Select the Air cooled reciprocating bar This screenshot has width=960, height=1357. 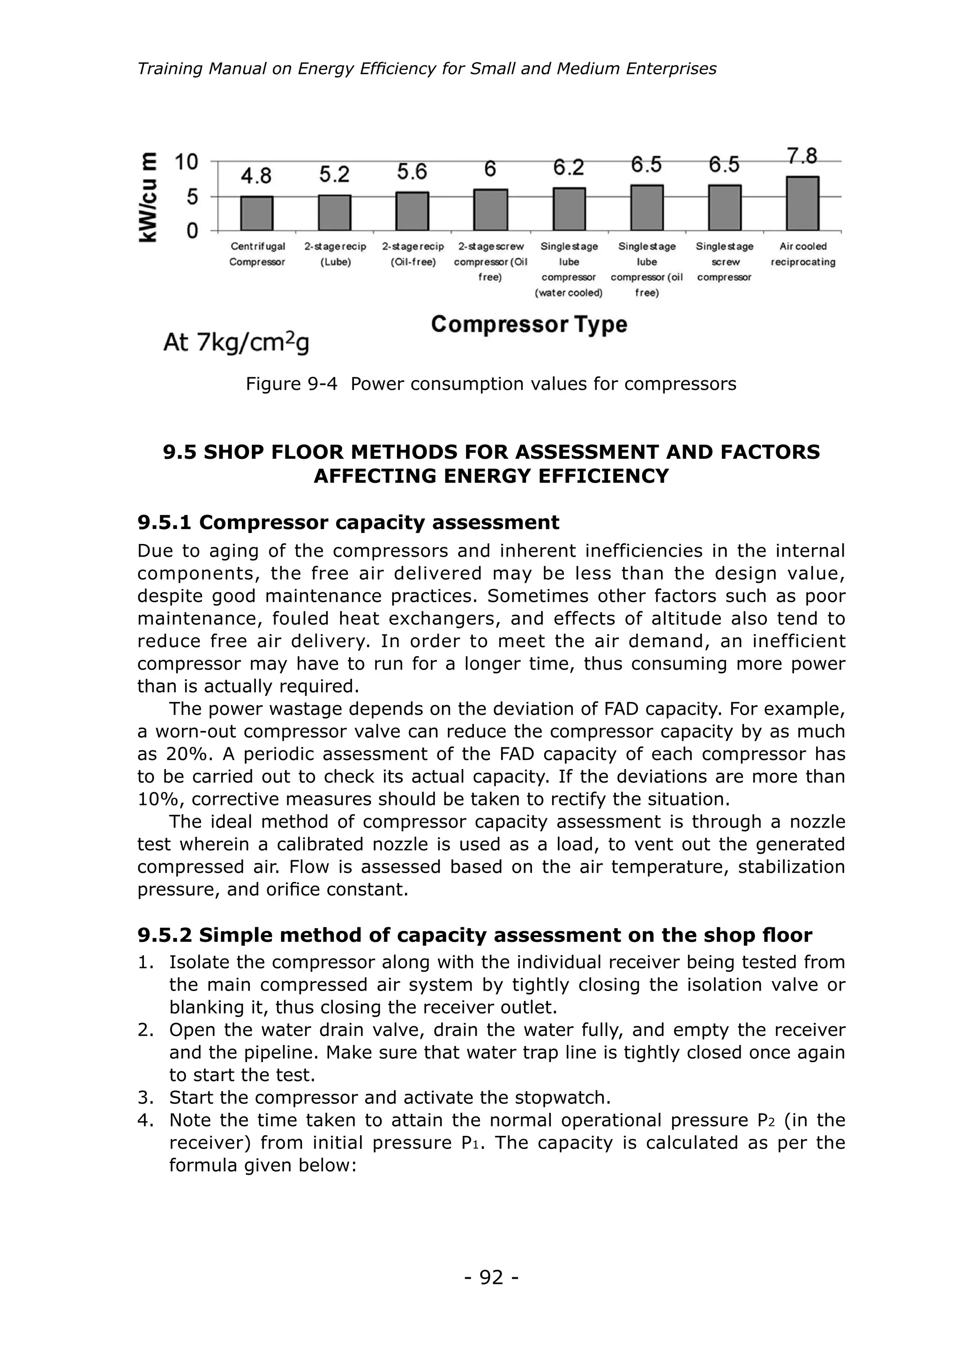802,203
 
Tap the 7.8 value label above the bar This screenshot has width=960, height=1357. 802,157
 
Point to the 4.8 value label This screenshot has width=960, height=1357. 256,176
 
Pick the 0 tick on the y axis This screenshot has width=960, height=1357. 193,231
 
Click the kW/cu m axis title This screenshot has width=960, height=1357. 149,197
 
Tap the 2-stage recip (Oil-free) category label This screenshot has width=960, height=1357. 412,254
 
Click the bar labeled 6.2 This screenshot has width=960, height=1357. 569,209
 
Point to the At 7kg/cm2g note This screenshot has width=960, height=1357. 236,343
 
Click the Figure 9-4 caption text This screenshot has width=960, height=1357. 491,384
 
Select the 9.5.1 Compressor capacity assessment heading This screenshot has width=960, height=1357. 348,522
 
